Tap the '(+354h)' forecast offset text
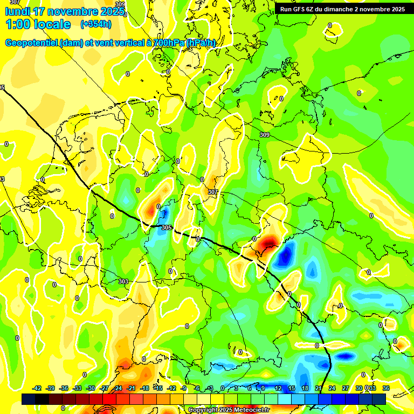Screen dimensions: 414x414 (x=95, y=24)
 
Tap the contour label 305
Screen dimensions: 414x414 (x=167, y=227)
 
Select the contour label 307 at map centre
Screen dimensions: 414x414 (x=212, y=192)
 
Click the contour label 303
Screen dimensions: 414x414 (x=123, y=281)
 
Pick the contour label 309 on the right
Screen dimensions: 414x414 (x=264, y=135)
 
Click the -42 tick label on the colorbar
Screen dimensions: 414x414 (x=37, y=388)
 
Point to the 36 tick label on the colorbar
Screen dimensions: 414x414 (x=386, y=388)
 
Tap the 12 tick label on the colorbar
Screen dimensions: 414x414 (x=278, y=388)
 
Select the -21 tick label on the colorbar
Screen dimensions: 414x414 (x=131, y=388)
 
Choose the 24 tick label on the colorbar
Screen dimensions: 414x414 (x=332, y=388)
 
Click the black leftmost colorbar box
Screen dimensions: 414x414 (x=29, y=399)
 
